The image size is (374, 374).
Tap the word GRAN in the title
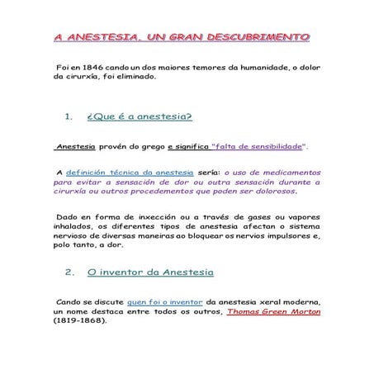pos(188,37)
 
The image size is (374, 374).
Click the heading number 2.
pos(69,271)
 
